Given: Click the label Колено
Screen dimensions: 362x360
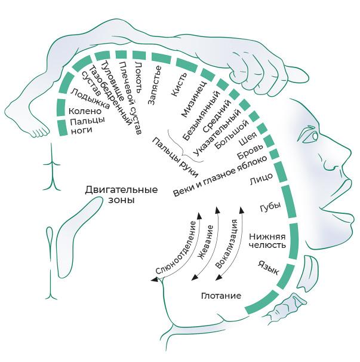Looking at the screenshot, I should (x=85, y=111).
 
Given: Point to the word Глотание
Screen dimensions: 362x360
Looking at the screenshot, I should (x=221, y=296).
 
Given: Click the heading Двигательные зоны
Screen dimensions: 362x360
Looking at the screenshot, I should (x=121, y=195).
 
